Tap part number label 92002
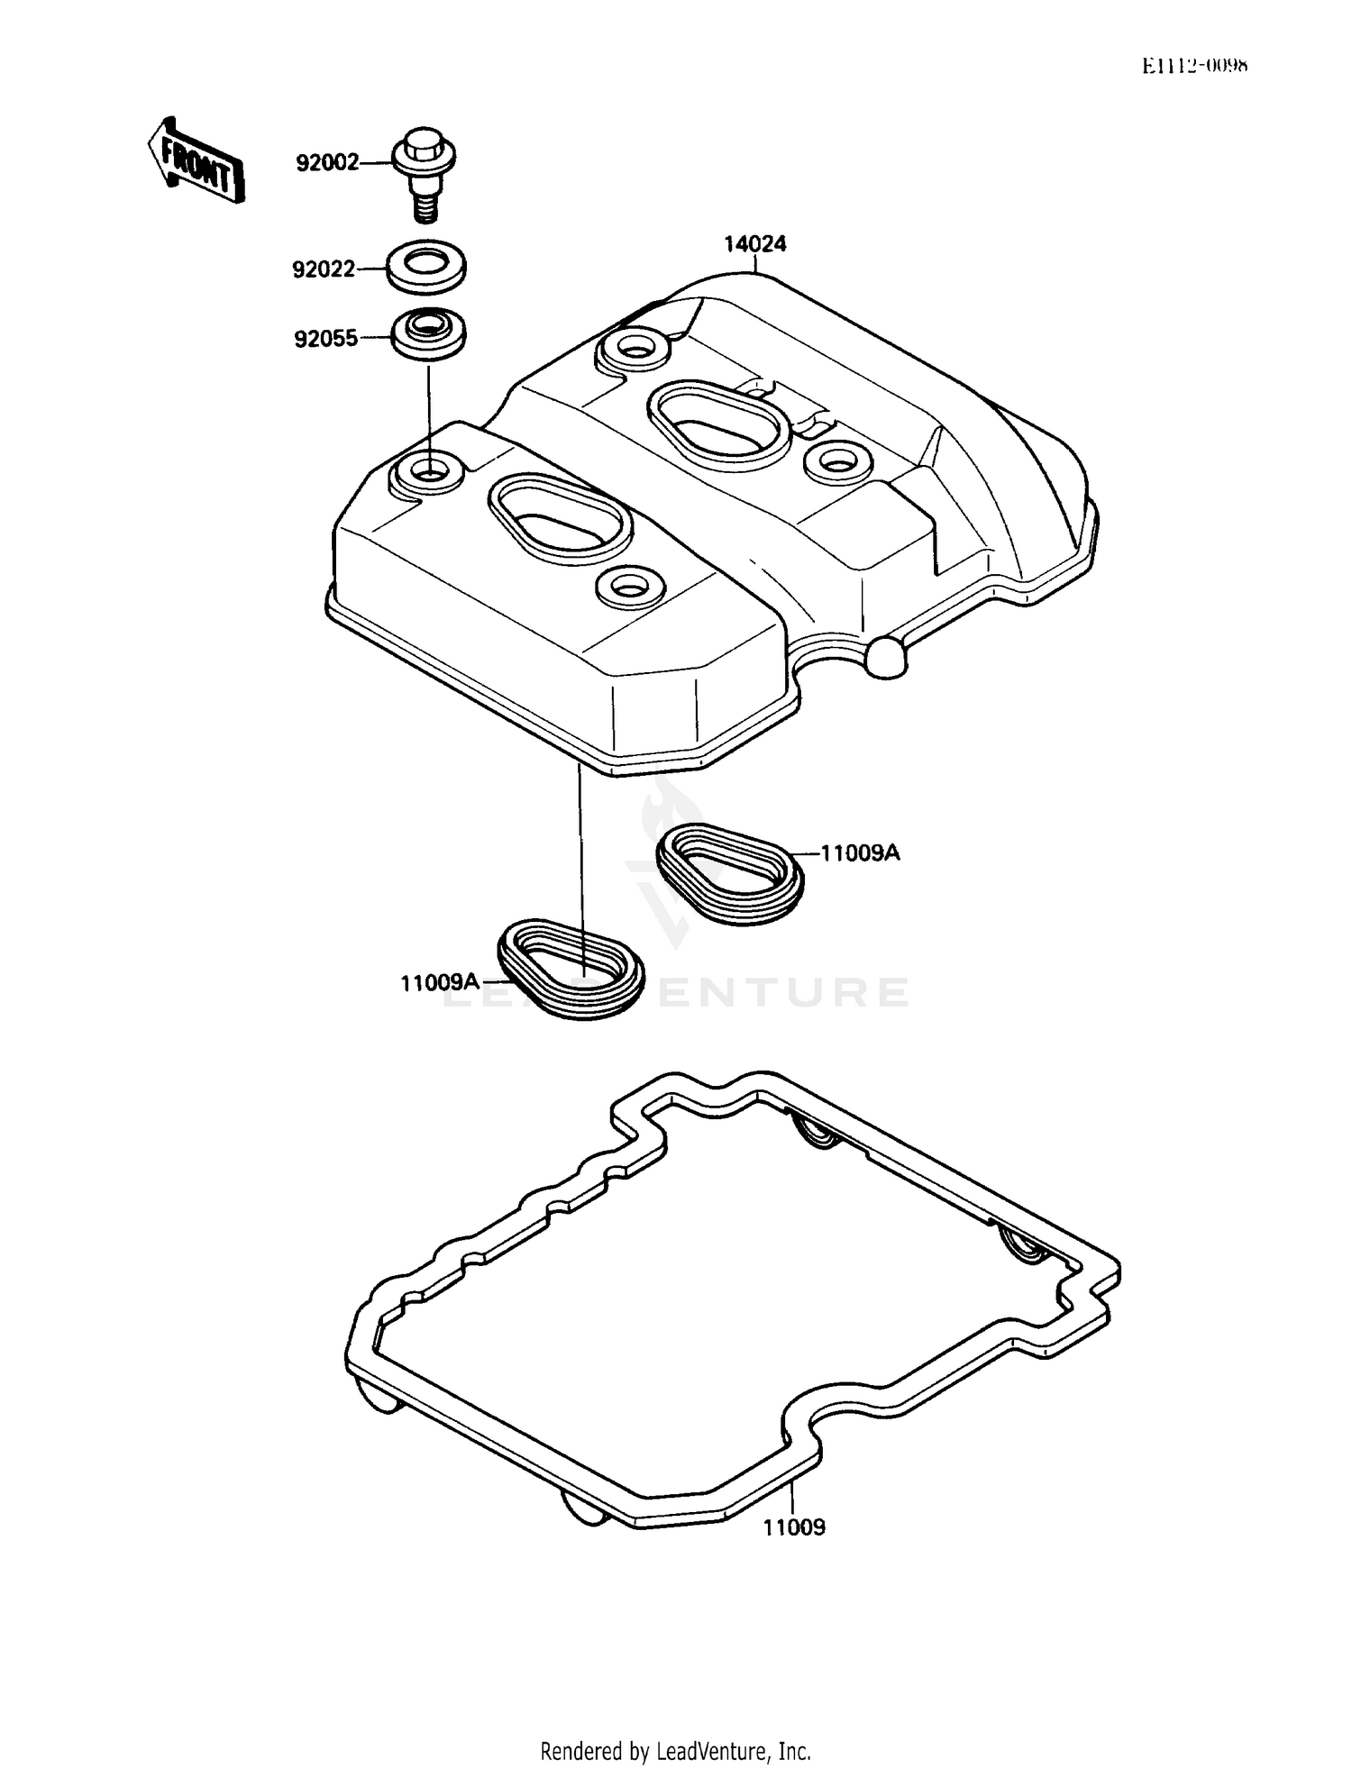pos(327,163)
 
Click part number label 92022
pos(324,269)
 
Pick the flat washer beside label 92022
pos(426,267)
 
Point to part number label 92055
pos(325,339)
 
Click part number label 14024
pos(754,243)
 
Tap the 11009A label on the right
pos(860,852)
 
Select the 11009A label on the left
pos(440,982)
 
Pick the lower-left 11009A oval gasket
pos(571,969)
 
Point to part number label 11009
pos(794,1527)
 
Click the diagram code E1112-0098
pos(1194,66)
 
